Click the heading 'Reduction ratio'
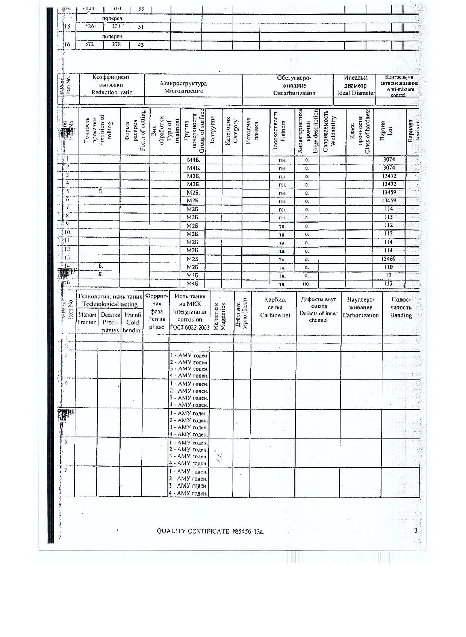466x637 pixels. (x=112, y=93)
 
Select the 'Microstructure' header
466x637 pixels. (x=183, y=91)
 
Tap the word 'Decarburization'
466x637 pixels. (x=294, y=93)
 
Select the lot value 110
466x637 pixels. (x=388, y=267)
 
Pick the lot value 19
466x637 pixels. (x=388, y=275)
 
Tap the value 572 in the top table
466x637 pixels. (x=89, y=44)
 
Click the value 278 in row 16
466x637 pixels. (x=116, y=44)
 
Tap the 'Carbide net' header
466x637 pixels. (x=275, y=315)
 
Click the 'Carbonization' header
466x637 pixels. (x=360, y=315)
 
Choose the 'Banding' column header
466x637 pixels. (x=401, y=315)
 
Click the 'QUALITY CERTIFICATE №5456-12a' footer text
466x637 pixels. (x=210, y=531)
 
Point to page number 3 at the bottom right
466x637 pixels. (x=416, y=531)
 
